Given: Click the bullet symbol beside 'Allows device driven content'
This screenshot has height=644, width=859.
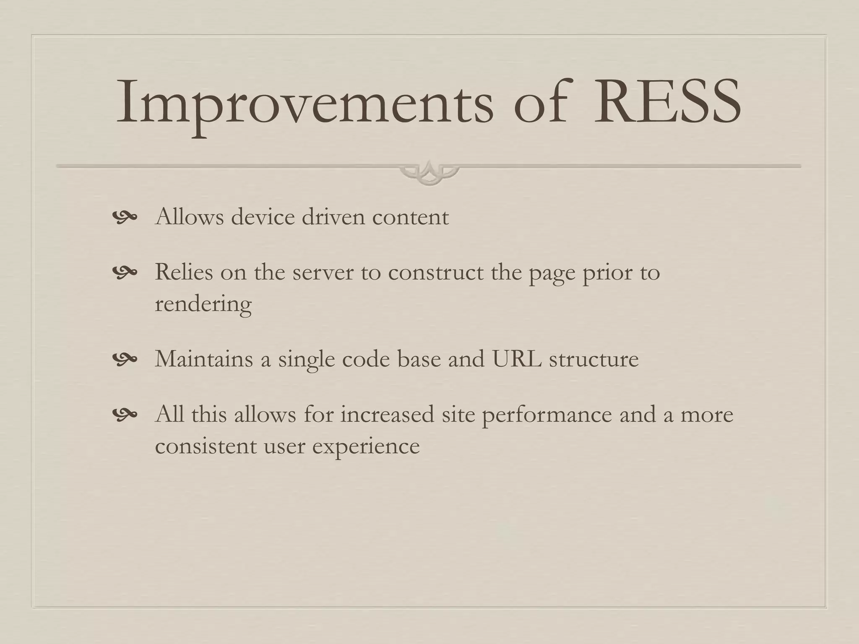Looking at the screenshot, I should (x=125, y=217).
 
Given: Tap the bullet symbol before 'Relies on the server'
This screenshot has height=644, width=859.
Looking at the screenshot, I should (x=125, y=272).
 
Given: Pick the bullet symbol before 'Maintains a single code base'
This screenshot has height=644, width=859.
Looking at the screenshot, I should (x=125, y=359).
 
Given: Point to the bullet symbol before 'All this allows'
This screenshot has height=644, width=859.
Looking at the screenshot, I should (x=125, y=414).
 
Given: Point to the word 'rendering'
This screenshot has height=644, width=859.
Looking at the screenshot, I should (x=203, y=304).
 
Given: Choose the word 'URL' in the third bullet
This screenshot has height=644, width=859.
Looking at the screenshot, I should (x=517, y=359).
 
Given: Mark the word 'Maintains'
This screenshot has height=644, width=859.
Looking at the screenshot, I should (x=204, y=359).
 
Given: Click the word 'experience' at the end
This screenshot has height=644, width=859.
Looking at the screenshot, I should (x=366, y=446).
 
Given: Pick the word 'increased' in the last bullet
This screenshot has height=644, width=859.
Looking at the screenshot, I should (x=387, y=414).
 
